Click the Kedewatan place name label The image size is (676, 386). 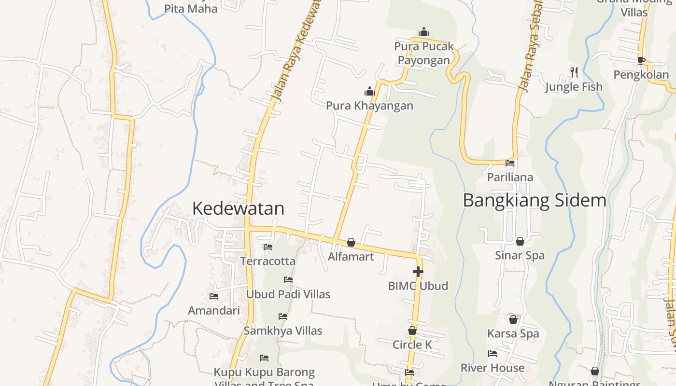click(x=238, y=208)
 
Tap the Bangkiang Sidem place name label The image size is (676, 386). click(x=534, y=200)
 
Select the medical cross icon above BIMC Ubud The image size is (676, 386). click(x=418, y=272)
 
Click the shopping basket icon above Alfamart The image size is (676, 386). click(x=351, y=242)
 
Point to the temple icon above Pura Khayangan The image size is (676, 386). click(x=370, y=91)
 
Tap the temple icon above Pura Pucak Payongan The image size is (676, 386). click(x=424, y=32)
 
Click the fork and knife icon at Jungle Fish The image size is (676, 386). click(x=574, y=72)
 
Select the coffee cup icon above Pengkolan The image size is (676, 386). click(x=641, y=60)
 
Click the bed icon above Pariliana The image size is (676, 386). click(x=510, y=163)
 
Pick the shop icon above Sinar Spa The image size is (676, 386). click(x=520, y=241)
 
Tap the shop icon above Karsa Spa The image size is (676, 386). click(x=513, y=319)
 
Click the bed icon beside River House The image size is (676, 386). click(x=493, y=354)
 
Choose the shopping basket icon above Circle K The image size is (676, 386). click(x=412, y=331)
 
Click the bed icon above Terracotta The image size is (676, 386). click(x=268, y=247)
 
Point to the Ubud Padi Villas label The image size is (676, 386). click(x=288, y=294)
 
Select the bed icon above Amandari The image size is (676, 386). click(x=214, y=296)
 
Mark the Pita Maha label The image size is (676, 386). click(x=191, y=9)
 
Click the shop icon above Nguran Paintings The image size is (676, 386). click(x=595, y=371)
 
